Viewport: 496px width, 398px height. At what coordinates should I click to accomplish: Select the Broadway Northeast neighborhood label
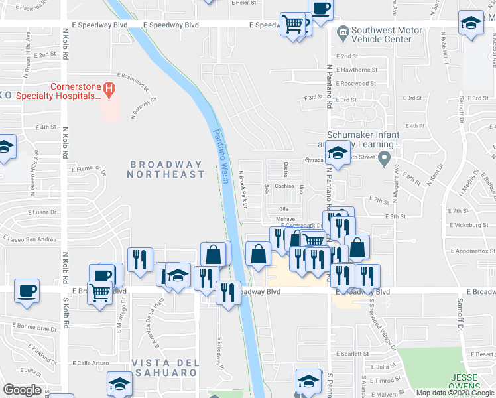coord(166,169)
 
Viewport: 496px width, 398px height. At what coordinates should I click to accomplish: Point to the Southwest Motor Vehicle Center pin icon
coord(342,31)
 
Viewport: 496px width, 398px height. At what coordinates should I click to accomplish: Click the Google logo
coord(23,389)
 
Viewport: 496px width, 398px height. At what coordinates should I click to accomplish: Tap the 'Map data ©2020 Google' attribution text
coord(456,393)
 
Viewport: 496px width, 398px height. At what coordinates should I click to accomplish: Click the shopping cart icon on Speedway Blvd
coord(292,25)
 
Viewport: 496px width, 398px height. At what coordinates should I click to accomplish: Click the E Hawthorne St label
coord(357,70)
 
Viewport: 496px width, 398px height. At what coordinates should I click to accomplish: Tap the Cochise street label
coord(284,186)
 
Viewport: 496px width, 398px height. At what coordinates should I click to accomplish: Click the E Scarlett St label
coord(351,354)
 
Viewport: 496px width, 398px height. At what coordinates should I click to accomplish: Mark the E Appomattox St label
coord(472,251)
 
